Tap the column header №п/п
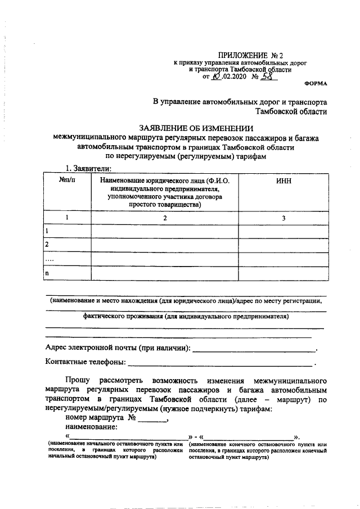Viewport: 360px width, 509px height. click(67, 181)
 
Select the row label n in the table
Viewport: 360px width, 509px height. click(47, 273)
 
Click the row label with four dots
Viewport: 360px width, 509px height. click(49, 259)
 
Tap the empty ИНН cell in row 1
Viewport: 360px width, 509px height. click(283, 231)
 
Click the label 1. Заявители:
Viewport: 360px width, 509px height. click(90, 168)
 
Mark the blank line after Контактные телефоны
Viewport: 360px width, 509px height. click(220, 364)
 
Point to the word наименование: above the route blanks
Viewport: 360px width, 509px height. click(91, 427)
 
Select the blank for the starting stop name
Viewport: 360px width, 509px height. click(129, 437)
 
